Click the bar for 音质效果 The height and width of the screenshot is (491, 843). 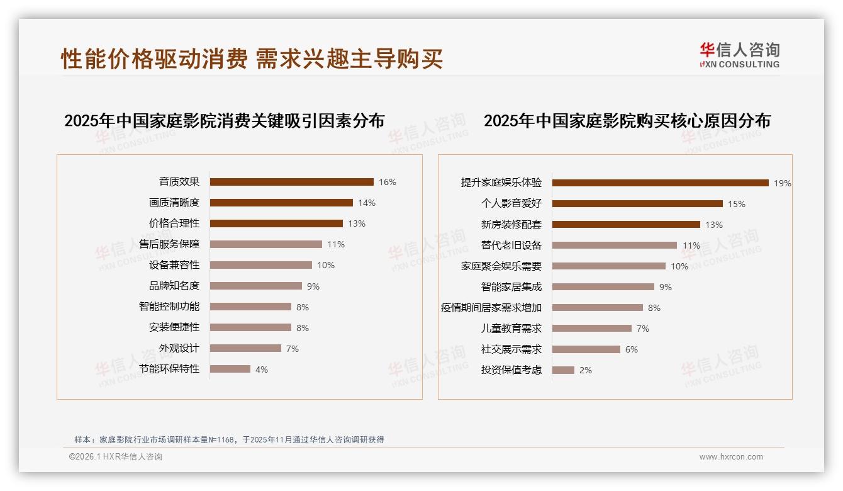(291, 182)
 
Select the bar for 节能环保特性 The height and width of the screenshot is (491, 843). (230, 369)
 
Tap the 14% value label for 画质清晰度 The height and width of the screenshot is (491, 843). (367, 203)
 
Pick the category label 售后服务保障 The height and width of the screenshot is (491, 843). (169, 244)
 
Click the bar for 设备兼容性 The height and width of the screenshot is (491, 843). (260, 265)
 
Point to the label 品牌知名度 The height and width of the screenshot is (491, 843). (174, 286)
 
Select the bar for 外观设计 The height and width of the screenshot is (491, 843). (245, 348)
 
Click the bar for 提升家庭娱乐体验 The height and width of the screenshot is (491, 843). (660, 183)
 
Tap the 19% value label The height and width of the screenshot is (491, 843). (783, 184)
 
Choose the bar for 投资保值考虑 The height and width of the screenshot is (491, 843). (563, 370)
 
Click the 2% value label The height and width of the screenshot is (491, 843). (586, 370)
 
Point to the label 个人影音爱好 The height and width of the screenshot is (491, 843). (511, 204)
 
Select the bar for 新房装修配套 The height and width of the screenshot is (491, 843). (626, 225)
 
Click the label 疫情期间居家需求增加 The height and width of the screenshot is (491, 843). (491, 308)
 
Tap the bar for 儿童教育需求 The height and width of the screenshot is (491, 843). (591, 329)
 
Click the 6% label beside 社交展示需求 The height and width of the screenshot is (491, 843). (631, 349)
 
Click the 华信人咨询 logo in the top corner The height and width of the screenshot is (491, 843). (739, 55)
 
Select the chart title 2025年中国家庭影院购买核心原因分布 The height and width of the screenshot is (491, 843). (627, 121)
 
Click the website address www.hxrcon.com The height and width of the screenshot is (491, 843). (731, 457)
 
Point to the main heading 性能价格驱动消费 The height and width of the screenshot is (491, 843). (154, 59)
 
